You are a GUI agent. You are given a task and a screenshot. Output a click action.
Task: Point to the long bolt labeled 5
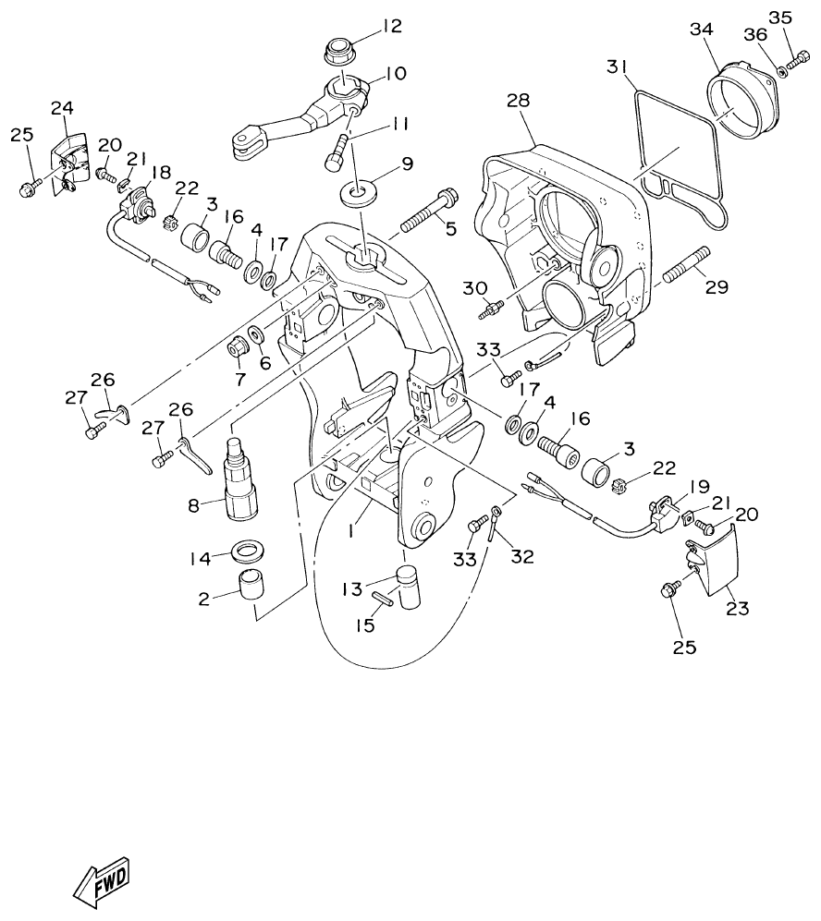428,212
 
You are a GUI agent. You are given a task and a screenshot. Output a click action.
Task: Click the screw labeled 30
489,308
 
